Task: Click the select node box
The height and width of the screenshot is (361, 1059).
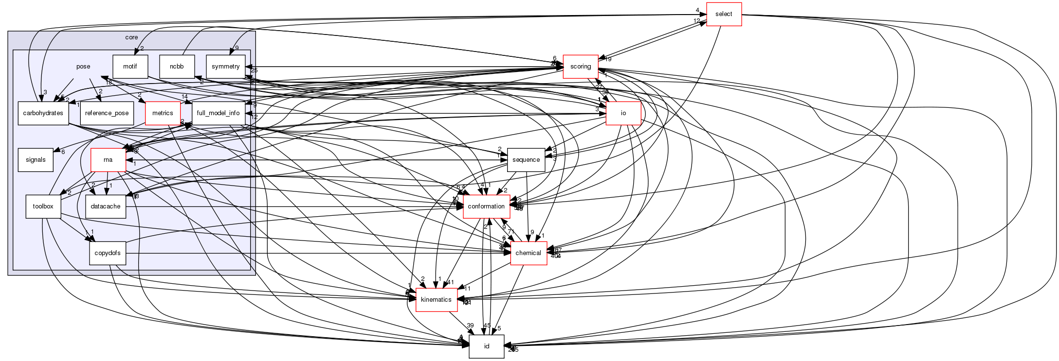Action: pos(723,14)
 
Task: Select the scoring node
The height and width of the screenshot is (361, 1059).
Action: pos(580,67)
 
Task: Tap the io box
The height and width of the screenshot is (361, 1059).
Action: pos(623,113)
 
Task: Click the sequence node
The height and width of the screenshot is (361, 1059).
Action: pos(526,160)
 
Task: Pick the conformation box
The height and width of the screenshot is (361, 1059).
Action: pos(486,206)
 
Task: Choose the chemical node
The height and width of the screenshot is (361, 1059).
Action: pos(528,253)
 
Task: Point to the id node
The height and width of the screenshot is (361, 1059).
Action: pos(486,346)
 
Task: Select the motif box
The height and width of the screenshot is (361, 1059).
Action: pos(130,67)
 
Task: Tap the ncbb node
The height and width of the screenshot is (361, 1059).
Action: pos(177,67)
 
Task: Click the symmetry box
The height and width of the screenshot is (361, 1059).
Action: pos(225,67)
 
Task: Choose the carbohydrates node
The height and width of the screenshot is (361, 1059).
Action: pos(43,113)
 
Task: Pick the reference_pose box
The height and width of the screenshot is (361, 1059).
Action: pos(107,113)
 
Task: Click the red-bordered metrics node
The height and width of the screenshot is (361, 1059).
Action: pos(163,113)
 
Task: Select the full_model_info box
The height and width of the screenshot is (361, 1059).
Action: pos(218,113)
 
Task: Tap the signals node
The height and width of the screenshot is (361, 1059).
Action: pos(36,160)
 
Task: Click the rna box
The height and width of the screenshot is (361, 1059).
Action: pos(108,160)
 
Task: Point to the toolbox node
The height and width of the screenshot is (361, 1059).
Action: pos(43,206)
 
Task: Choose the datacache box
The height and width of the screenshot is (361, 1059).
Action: pos(106,206)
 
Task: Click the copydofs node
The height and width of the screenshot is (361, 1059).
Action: pos(108,253)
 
